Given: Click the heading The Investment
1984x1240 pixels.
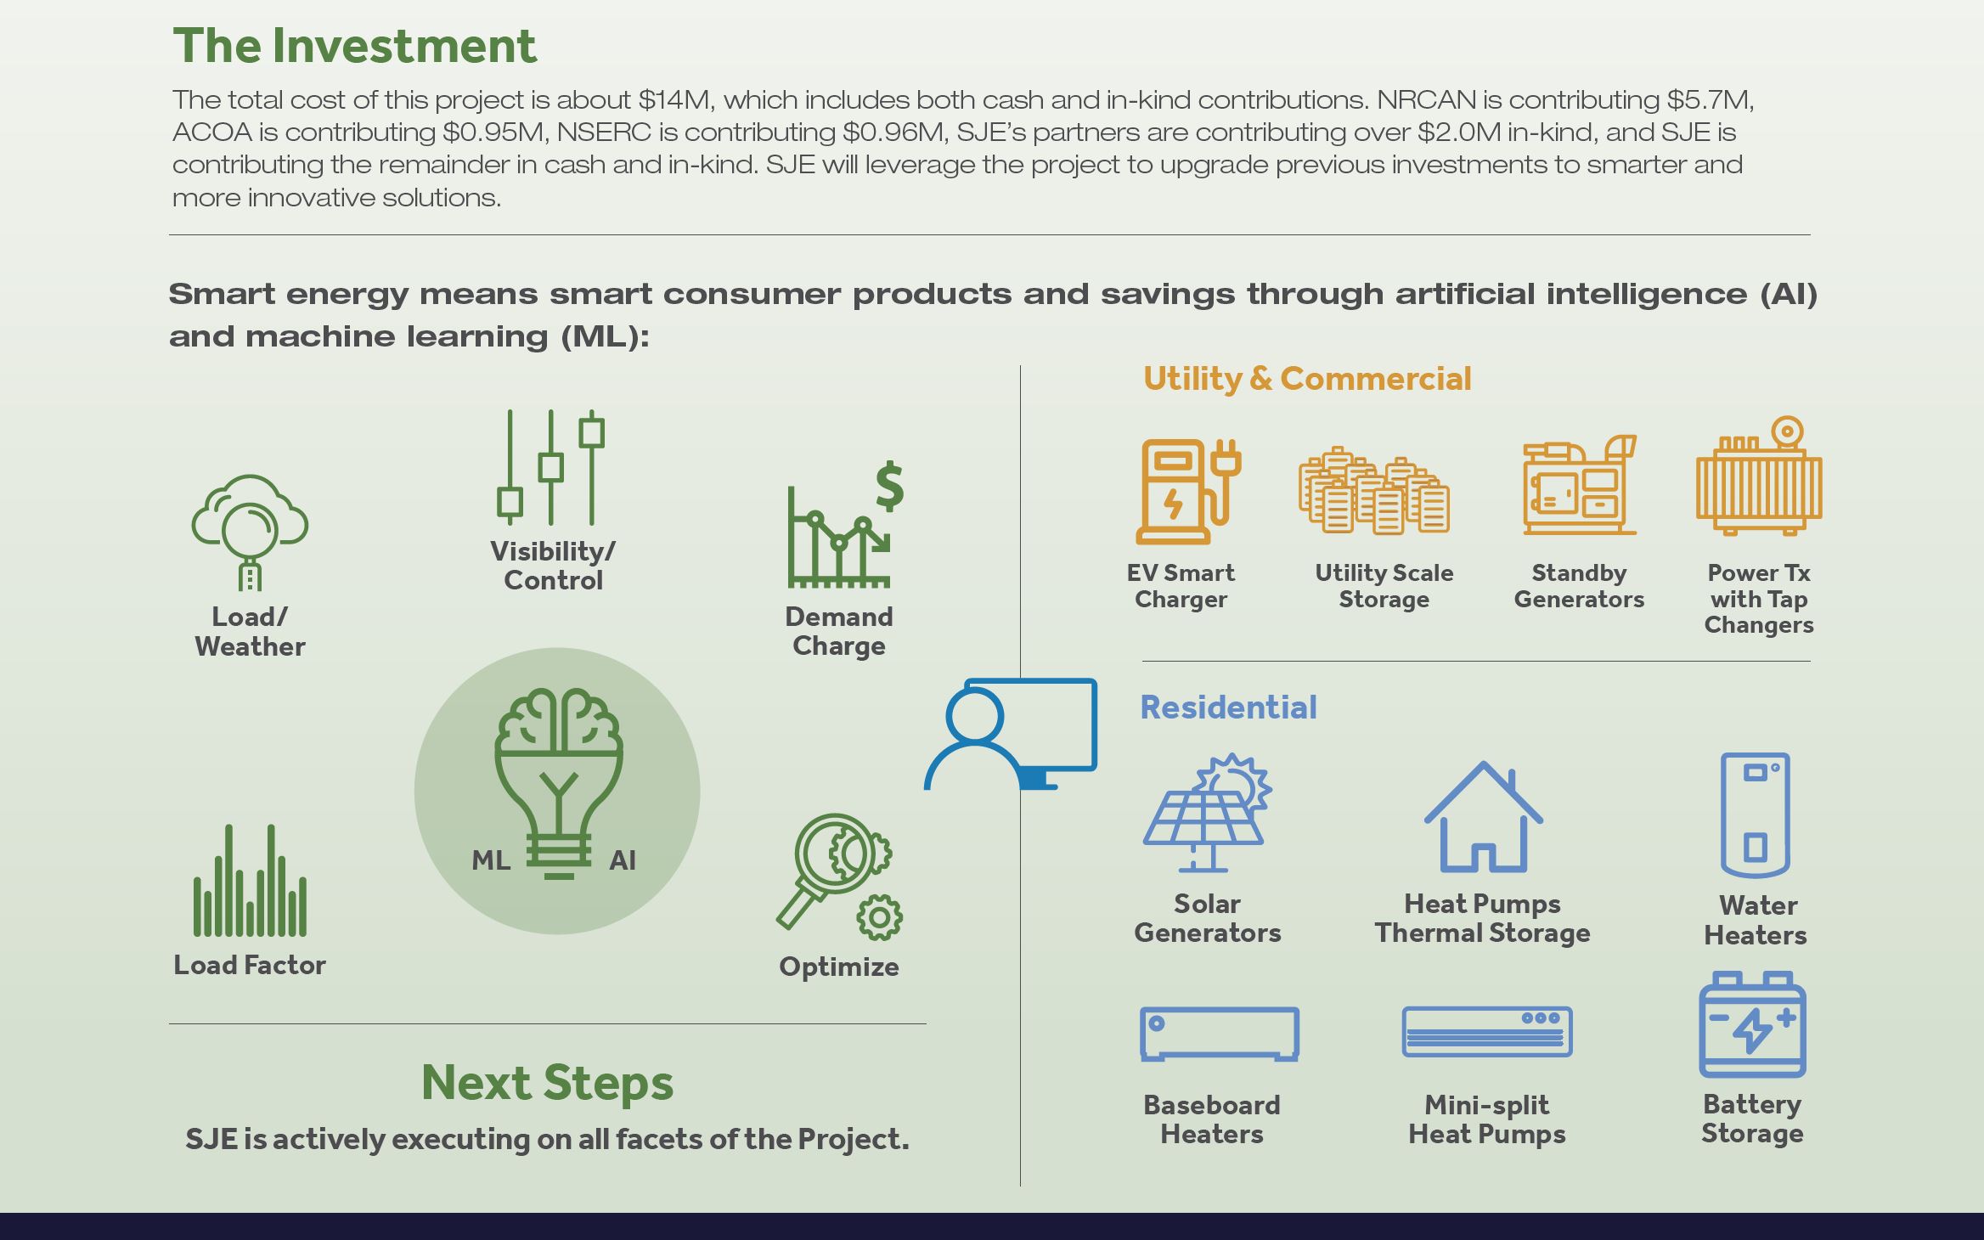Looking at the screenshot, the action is click(x=355, y=46).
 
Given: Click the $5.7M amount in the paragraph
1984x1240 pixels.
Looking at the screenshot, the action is click(x=1710, y=100).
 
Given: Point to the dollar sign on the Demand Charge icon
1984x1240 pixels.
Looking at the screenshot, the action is click(x=889, y=487).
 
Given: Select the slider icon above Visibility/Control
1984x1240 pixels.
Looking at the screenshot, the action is click(x=551, y=467).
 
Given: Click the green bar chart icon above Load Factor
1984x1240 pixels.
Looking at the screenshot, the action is click(x=250, y=880).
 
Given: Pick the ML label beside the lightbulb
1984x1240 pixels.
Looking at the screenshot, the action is click(x=491, y=860).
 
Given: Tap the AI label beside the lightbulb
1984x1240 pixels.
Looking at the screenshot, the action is click(x=623, y=860).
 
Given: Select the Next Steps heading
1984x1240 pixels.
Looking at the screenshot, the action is click(x=548, y=1083).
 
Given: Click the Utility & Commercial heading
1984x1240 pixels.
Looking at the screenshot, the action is click(x=1307, y=379).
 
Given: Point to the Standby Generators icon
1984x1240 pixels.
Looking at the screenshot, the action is click(x=1580, y=485).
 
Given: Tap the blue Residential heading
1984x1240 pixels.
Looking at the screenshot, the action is click(x=1228, y=707).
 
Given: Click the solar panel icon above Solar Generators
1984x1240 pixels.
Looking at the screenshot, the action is click(x=1207, y=813).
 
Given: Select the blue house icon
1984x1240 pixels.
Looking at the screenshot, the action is click(x=1483, y=816).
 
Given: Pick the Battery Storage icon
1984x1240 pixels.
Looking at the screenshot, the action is click(x=1752, y=1024).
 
